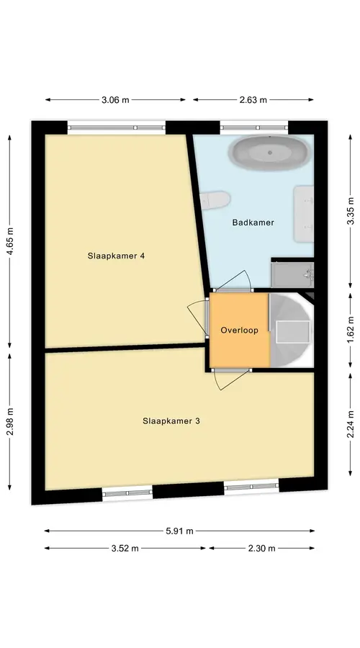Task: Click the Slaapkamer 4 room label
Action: click(116, 256)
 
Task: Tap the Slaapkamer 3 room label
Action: click(171, 421)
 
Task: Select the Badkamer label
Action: click(253, 222)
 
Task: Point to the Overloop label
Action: click(239, 330)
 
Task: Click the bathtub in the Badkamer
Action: click(269, 153)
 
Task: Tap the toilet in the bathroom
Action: click(215, 200)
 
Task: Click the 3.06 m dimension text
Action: click(115, 99)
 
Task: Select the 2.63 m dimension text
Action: click(253, 99)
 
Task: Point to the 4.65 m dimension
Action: click(10, 241)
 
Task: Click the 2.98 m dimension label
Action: click(10, 421)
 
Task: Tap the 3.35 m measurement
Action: click(351, 211)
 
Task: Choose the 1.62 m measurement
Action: click(351, 330)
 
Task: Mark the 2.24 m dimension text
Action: click(351, 424)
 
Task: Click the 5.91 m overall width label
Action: click(179, 531)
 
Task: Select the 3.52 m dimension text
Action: click(125, 549)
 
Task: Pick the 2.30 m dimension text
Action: click(261, 549)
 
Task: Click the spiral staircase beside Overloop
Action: click(291, 330)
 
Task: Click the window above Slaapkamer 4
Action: click(116, 127)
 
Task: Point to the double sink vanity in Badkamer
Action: click(304, 214)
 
